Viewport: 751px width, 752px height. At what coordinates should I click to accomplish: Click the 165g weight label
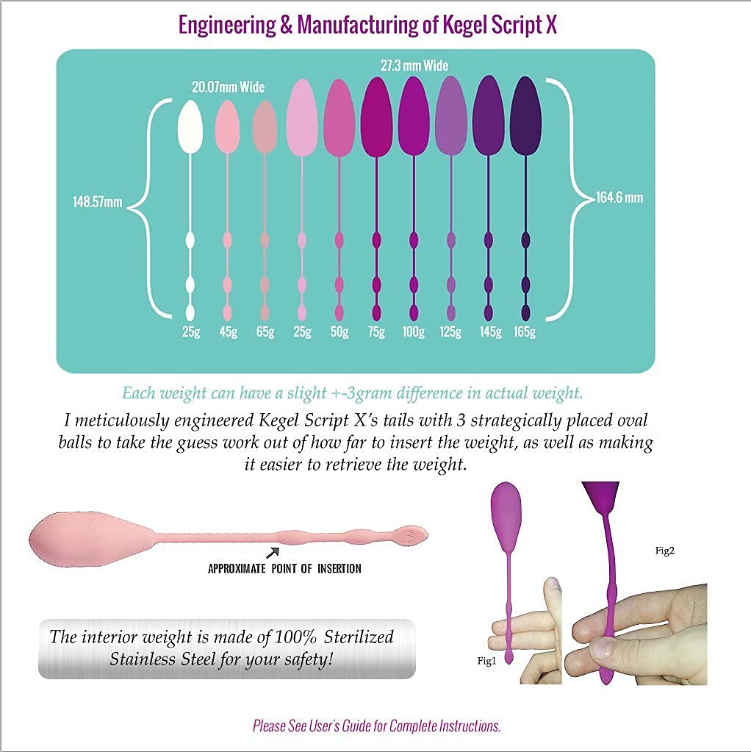[525, 332]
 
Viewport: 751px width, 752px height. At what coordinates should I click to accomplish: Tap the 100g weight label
[413, 332]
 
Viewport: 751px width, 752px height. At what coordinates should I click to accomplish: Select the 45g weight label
[227, 332]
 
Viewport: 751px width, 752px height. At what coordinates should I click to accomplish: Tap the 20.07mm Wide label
[228, 87]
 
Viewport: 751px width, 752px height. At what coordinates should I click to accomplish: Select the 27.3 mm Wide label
[414, 66]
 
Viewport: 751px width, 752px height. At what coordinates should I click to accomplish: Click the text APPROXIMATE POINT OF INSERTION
[284, 568]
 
